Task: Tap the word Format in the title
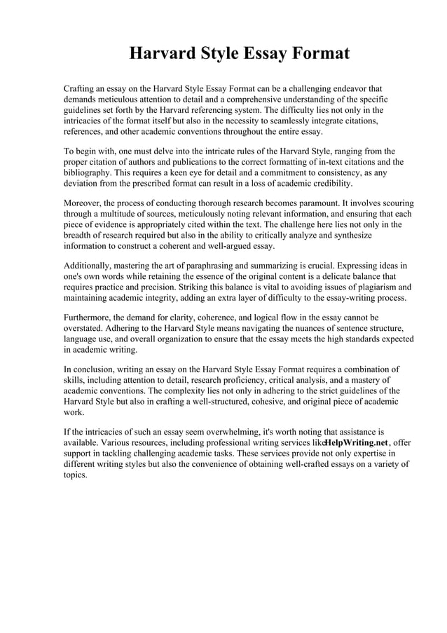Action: tap(315, 54)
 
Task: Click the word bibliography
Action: tap(90, 172)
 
